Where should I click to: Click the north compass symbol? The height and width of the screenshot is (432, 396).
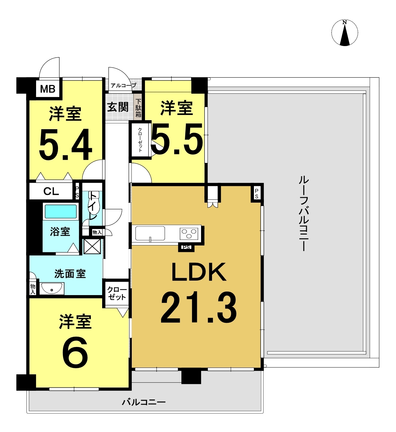(344, 33)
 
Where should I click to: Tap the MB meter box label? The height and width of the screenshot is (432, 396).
(48, 89)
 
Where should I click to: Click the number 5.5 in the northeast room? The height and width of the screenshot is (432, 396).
(177, 139)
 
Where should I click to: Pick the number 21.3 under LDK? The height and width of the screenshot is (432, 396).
(198, 308)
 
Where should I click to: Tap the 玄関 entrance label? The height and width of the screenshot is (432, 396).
(118, 107)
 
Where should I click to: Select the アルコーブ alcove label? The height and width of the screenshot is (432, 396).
(123, 86)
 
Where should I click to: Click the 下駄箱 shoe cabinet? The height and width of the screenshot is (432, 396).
(138, 108)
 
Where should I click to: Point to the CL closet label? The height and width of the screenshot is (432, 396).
(51, 192)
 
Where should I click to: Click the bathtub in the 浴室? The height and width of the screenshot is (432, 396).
(61, 212)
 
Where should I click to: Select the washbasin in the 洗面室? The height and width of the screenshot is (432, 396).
(52, 289)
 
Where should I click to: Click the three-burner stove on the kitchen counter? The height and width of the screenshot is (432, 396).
(189, 233)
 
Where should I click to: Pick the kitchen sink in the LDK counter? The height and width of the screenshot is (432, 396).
(150, 233)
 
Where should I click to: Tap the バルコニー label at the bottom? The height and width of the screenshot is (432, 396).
(144, 402)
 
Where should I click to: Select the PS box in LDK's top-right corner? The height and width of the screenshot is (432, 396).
(257, 194)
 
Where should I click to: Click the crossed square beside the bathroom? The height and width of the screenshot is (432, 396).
(92, 246)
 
